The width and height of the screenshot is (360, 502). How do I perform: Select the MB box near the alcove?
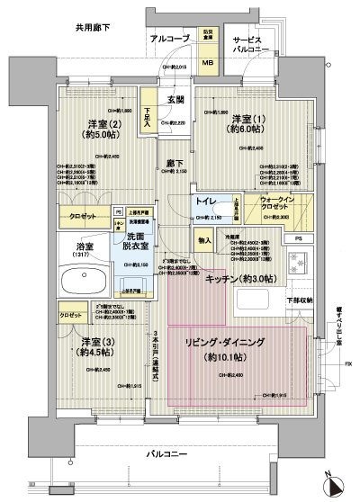[207, 63]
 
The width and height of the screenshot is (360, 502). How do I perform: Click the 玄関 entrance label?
[175, 100]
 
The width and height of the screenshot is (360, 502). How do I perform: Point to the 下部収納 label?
[297, 300]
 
